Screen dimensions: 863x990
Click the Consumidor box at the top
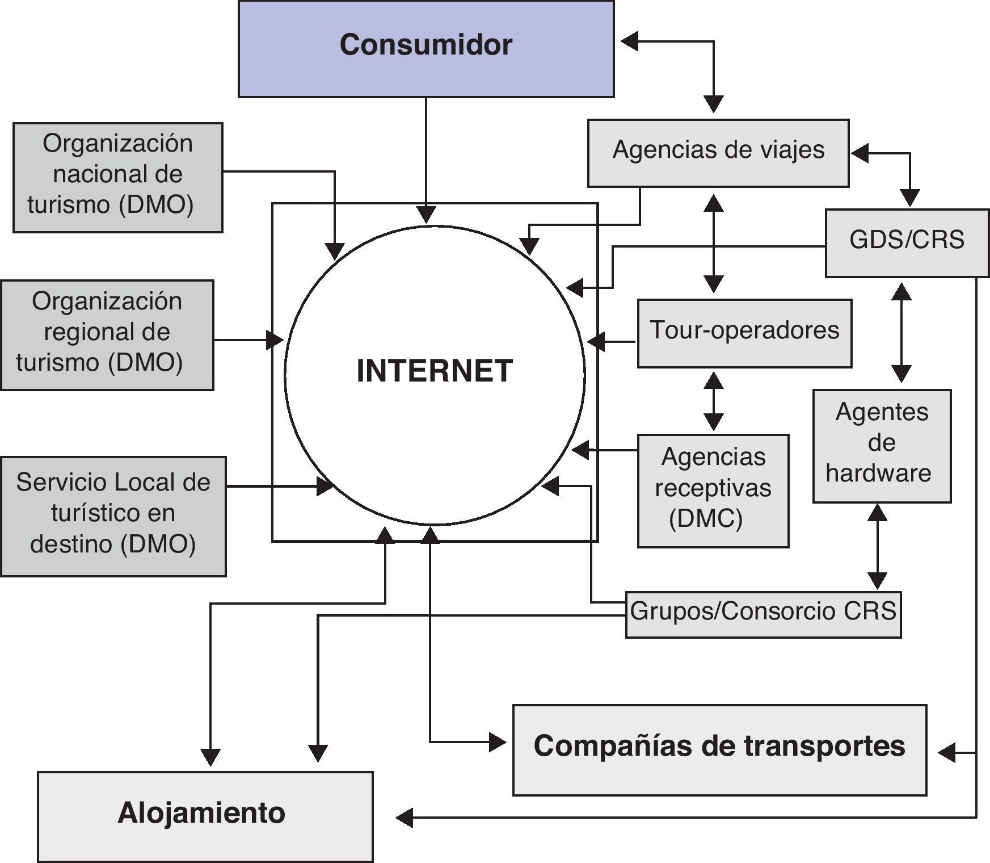[x=426, y=49]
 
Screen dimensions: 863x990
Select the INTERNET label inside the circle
[x=435, y=371]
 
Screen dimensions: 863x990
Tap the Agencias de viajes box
[x=718, y=153]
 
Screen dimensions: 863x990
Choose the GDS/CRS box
[x=907, y=242]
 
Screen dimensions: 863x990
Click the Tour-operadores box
[x=744, y=333]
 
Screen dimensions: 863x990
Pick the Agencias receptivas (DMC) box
[x=713, y=491]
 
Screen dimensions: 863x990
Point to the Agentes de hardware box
[x=882, y=446]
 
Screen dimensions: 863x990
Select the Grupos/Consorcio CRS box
[x=763, y=614]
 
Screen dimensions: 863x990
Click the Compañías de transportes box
[x=719, y=749]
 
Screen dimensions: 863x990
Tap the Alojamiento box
[x=205, y=816]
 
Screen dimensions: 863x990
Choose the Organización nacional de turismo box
[x=117, y=177]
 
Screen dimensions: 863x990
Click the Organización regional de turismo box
[x=107, y=334]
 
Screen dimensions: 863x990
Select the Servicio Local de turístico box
[x=113, y=516]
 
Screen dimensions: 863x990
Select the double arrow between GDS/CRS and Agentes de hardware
[x=901, y=333]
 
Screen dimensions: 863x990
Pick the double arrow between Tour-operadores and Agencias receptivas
[x=713, y=401]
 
